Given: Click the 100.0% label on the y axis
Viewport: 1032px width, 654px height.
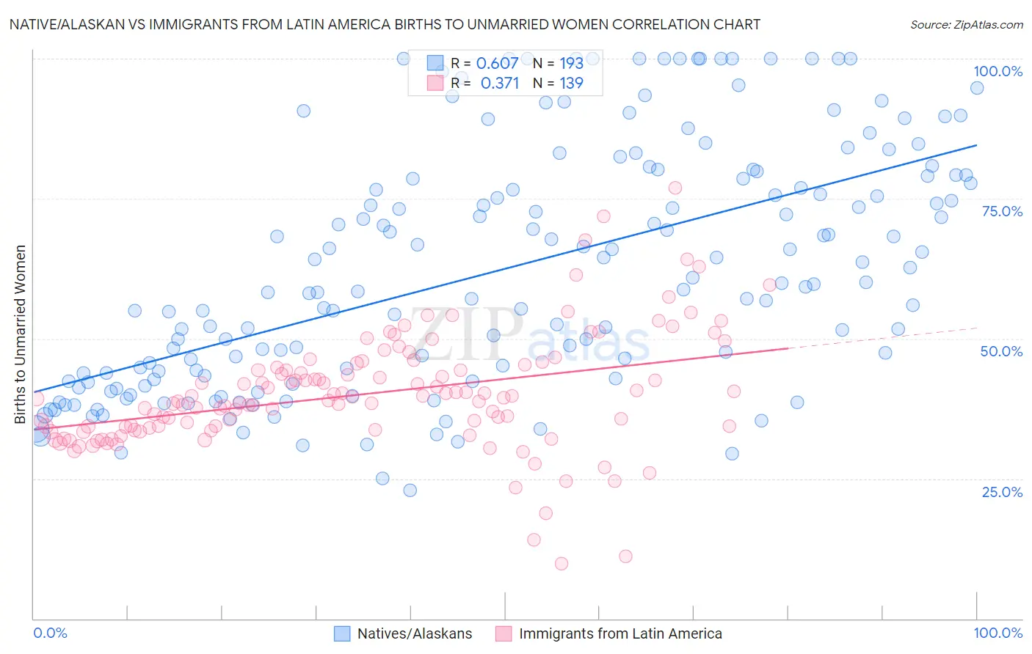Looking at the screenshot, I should click(x=998, y=71).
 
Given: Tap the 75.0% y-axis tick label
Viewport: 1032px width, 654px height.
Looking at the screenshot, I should click(x=1002, y=211).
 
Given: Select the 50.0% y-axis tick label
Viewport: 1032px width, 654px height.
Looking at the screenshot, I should click(x=1002, y=351).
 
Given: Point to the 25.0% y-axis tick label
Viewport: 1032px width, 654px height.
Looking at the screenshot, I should click(x=1002, y=491).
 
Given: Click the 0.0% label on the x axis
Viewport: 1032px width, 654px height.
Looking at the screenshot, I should click(x=51, y=633).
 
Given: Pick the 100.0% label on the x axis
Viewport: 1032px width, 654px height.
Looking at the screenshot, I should click(x=998, y=633).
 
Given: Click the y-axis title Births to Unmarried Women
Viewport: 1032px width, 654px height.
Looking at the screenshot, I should click(x=20, y=334).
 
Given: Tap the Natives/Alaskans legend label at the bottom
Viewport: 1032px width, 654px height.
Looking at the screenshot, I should click(x=415, y=633).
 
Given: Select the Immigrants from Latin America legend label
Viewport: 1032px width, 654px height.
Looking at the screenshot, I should click(x=620, y=633).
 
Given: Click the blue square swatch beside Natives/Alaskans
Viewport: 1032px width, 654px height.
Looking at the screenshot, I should click(x=342, y=633).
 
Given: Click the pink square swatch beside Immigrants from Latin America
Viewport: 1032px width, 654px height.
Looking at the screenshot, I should click(x=504, y=633).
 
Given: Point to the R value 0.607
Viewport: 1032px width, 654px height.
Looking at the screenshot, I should click(x=497, y=63).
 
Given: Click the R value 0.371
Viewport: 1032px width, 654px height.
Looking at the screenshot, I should click(x=499, y=83).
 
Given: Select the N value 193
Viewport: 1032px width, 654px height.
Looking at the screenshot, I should click(x=571, y=63).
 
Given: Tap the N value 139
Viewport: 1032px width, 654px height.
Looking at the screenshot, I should click(x=571, y=83).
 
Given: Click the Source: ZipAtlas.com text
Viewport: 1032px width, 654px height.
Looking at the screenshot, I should click(x=966, y=24).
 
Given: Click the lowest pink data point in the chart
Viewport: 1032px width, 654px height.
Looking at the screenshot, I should click(x=562, y=563).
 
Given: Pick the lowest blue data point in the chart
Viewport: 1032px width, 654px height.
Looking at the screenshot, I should click(x=410, y=490).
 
